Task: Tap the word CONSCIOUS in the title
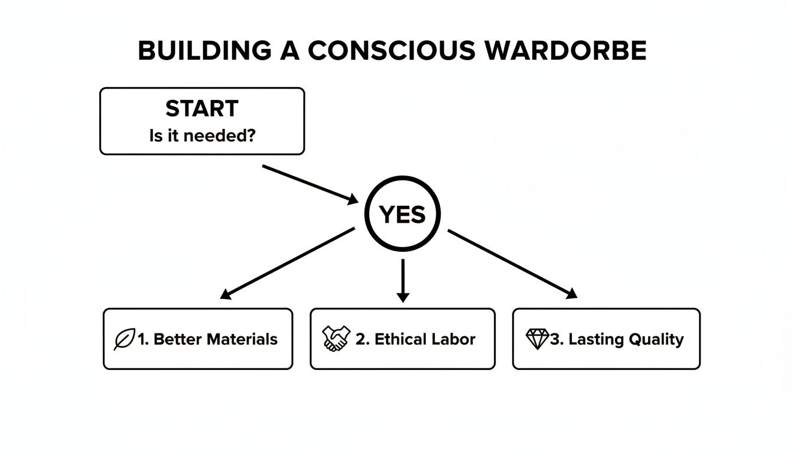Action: click(391, 51)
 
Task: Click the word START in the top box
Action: click(201, 109)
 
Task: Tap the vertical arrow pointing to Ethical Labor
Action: click(403, 281)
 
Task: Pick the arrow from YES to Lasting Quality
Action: click(512, 264)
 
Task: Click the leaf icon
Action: click(124, 339)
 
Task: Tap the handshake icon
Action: click(336, 339)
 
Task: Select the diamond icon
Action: click(537, 339)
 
